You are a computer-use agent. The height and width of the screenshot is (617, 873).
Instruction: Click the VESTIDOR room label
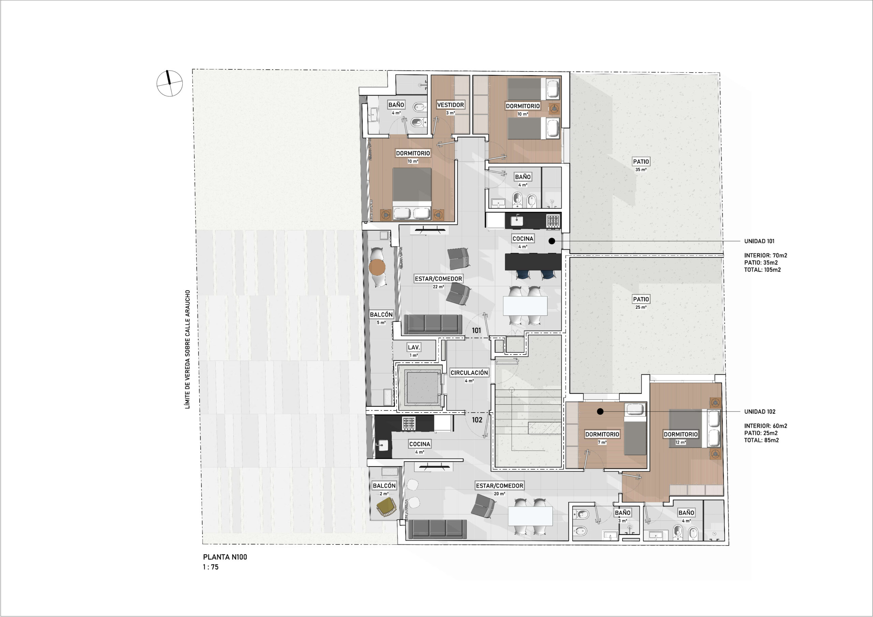pyautogui.click(x=450, y=105)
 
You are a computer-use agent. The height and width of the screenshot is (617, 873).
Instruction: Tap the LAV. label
pyautogui.click(x=414, y=347)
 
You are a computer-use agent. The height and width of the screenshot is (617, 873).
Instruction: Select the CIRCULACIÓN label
pyautogui.click(x=469, y=373)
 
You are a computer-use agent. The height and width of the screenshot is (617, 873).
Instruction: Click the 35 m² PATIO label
pyautogui.click(x=641, y=161)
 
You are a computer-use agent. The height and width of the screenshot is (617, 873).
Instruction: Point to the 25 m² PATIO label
pyautogui.click(x=641, y=299)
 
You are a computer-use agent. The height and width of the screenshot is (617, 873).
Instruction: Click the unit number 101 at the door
pyautogui.click(x=476, y=330)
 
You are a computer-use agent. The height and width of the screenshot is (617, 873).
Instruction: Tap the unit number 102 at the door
pyautogui.click(x=477, y=420)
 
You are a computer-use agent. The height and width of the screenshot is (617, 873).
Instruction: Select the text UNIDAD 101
pyautogui.click(x=759, y=241)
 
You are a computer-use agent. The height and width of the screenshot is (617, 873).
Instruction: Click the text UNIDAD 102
pyautogui.click(x=760, y=412)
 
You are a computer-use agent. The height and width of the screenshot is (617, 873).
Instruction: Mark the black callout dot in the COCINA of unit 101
pyautogui.click(x=552, y=241)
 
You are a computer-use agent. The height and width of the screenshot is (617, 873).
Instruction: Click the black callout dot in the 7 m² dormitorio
pyautogui.click(x=600, y=412)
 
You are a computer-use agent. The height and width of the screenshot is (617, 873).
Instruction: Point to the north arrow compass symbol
pyautogui.click(x=169, y=83)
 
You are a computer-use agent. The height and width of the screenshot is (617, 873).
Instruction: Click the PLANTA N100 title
pyautogui.click(x=225, y=557)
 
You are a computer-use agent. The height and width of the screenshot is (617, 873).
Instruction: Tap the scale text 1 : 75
pyautogui.click(x=211, y=567)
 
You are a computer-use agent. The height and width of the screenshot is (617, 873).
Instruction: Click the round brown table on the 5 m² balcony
pyautogui.click(x=377, y=267)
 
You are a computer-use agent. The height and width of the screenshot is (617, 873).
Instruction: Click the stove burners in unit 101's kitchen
pyautogui.click(x=553, y=220)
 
